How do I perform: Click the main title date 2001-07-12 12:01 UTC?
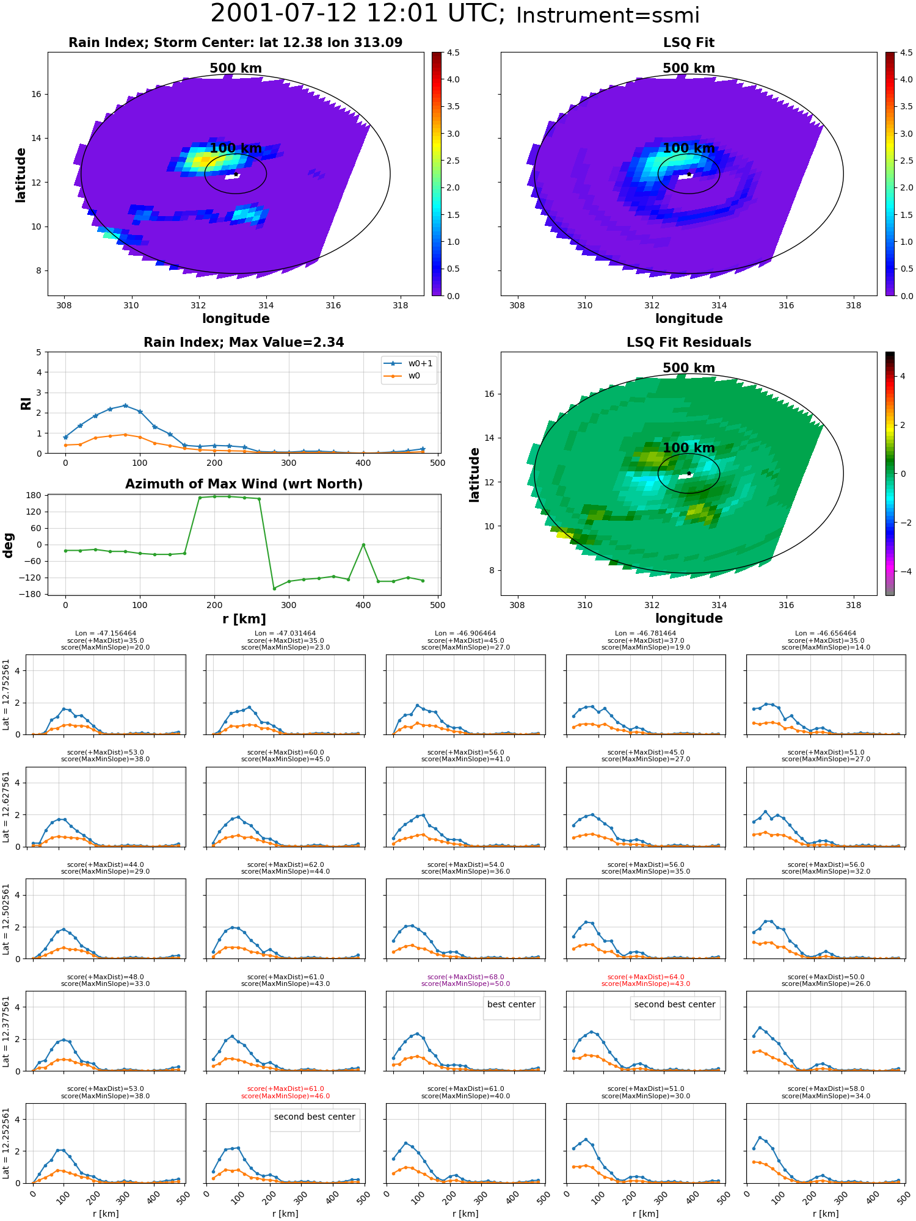point(358,14)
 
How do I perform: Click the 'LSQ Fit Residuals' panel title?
point(689,342)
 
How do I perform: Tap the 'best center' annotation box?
point(511,1004)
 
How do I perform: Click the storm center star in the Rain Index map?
point(236,174)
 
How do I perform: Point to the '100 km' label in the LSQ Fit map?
point(689,148)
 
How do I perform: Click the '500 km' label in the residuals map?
point(689,368)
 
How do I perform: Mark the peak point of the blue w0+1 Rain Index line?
point(125,405)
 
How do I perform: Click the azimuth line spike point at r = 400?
point(363,545)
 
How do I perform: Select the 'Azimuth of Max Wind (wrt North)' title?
point(244,484)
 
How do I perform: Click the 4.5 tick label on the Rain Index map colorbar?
point(453,53)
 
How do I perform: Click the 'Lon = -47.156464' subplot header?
point(105,634)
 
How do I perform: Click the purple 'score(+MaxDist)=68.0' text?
point(465,977)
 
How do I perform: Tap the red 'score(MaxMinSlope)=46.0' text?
point(285,1096)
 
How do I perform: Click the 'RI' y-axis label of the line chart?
point(26,403)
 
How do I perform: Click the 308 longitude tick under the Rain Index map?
point(64,305)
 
